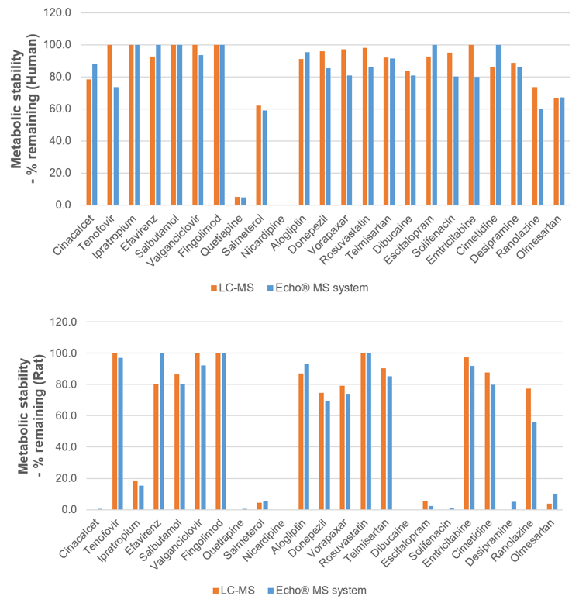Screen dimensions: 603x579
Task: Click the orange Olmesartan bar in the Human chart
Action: [557, 151]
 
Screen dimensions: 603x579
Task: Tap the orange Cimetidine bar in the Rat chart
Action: [488, 441]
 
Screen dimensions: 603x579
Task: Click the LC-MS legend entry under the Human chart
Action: [233, 287]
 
